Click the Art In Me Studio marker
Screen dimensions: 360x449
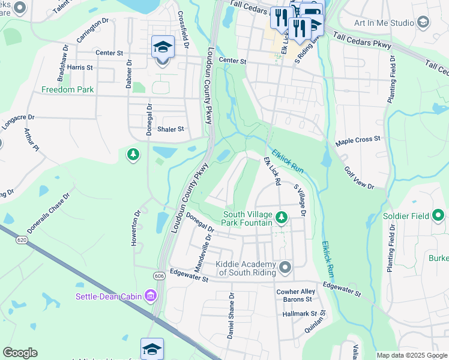point(423,23)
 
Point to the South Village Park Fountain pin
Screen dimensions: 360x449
point(281,216)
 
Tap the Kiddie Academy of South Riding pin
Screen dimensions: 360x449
point(285,267)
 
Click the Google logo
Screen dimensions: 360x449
point(20,353)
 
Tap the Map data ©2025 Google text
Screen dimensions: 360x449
point(412,355)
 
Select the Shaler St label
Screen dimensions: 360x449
point(170,129)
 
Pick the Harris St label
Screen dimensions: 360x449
point(80,68)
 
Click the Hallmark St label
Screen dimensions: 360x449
point(300,314)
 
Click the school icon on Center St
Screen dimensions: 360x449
point(162,47)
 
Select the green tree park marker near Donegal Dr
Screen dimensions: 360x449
point(133,155)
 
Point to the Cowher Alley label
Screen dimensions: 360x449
point(295,292)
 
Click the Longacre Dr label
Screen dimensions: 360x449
point(19,118)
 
